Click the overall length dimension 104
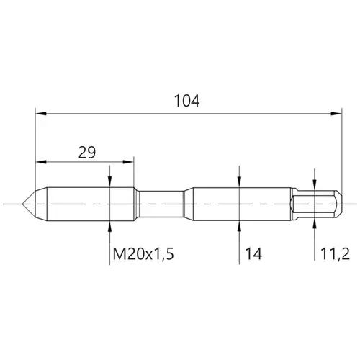186,101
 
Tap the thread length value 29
87,153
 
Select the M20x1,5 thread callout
143,254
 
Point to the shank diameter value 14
253,254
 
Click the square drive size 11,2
335,254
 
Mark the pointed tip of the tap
22,204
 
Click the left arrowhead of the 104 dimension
41,114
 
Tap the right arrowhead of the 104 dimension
336,114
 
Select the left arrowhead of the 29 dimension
41,162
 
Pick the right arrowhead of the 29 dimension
128,162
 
